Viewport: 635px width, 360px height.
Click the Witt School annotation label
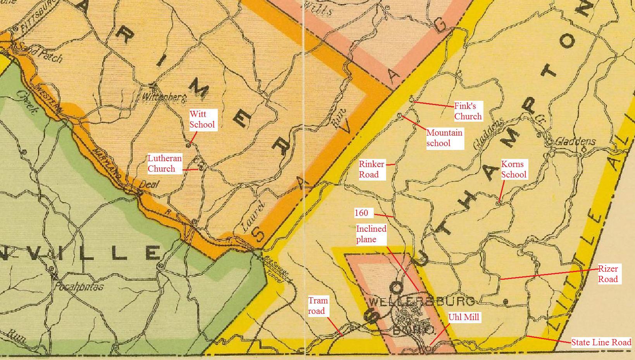coord(202,119)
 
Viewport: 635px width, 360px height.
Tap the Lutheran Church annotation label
coord(164,164)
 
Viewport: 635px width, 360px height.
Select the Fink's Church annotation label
coord(468,111)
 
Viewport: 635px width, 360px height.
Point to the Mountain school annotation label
coord(444,138)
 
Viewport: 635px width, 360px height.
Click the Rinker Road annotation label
coord(371,169)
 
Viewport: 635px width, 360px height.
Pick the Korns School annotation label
coord(514,169)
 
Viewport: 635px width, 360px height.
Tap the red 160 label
coord(361,213)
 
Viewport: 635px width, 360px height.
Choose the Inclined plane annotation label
coord(371,234)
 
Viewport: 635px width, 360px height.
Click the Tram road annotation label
coord(318,306)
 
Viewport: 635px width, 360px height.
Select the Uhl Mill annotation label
coord(464,317)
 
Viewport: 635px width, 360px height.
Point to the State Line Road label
coord(601,342)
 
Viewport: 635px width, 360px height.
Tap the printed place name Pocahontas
coord(79,287)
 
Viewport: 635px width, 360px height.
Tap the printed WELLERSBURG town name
coord(422,301)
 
